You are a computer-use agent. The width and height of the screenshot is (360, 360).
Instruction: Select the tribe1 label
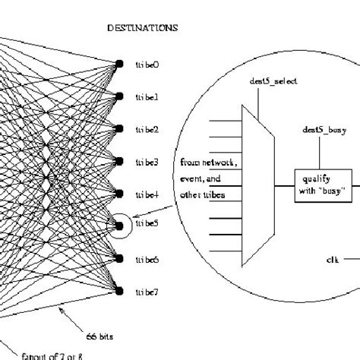(147, 97)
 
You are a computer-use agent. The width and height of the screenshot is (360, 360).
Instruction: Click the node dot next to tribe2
(119, 129)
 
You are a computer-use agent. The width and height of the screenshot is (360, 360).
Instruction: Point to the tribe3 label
(147, 162)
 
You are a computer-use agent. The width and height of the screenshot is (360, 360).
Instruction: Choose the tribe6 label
(147, 258)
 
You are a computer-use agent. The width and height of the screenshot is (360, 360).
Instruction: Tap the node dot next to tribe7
(119, 290)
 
